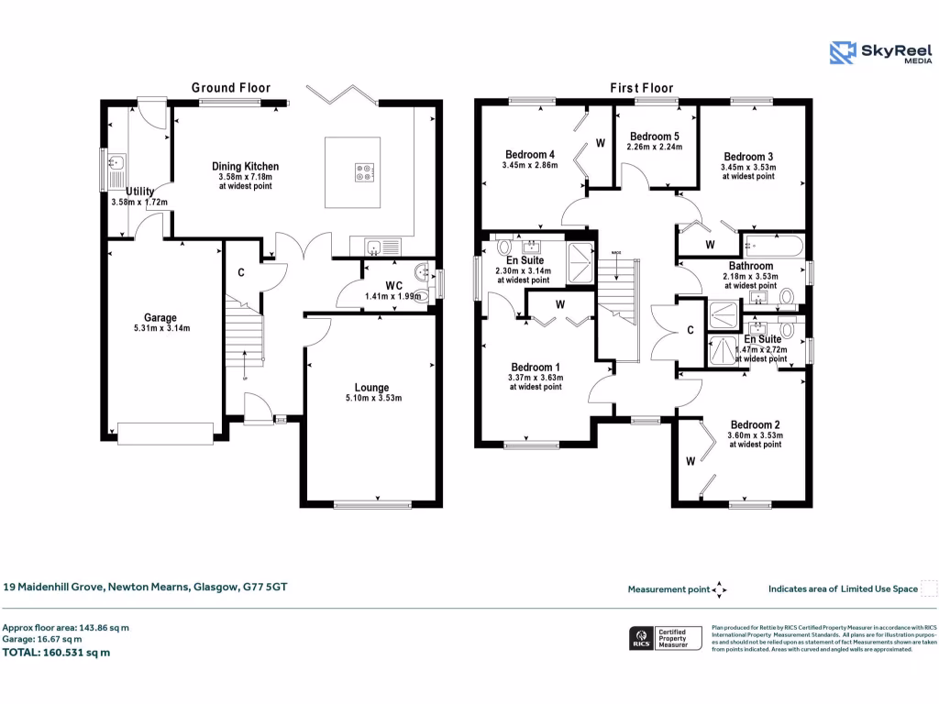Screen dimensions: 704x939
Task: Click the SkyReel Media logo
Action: click(x=879, y=53)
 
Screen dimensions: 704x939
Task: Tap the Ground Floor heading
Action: click(x=230, y=87)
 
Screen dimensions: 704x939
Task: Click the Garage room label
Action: click(x=160, y=318)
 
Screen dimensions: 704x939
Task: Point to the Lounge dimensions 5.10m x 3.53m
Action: click(x=371, y=398)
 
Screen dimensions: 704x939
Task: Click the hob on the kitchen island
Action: click(x=364, y=170)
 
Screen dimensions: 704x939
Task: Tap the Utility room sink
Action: click(x=116, y=166)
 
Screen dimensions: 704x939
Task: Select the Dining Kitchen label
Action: click(x=245, y=166)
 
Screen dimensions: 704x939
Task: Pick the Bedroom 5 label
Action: click(x=655, y=136)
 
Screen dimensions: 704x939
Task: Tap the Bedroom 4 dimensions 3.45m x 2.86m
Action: click(x=530, y=165)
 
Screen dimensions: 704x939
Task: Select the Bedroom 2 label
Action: click(x=755, y=424)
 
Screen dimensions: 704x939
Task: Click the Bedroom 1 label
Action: click(x=535, y=367)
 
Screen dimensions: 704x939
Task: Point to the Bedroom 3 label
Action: click(x=748, y=156)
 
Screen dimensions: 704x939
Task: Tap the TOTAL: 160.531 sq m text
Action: click(x=57, y=653)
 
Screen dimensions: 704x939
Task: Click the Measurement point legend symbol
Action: click(x=720, y=589)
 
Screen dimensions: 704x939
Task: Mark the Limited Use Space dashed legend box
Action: click(x=929, y=588)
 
